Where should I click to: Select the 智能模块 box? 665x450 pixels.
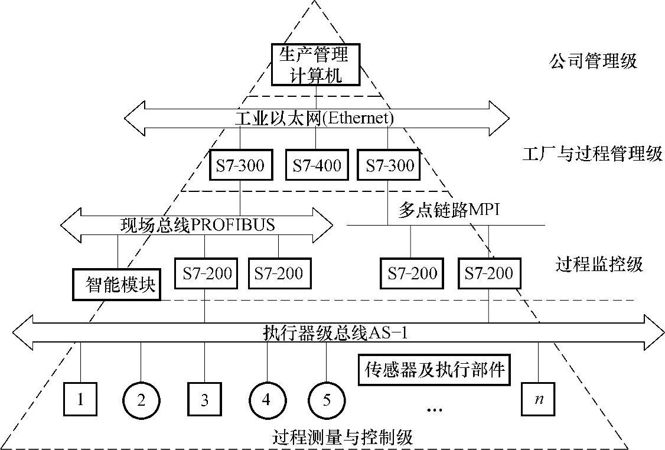click(x=117, y=285)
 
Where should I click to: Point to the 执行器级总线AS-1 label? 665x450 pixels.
click(x=335, y=334)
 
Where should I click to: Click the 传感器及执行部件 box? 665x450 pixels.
click(x=433, y=370)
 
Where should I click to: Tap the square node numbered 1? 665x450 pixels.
click(x=80, y=399)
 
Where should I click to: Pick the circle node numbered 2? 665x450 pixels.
click(x=141, y=400)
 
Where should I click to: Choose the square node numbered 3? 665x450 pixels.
click(x=204, y=400)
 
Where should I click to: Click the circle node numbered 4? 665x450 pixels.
click(x=266, y=400)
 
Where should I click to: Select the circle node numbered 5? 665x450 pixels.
click(x=327, y=400)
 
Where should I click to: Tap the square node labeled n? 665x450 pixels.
click(x=539, y=399)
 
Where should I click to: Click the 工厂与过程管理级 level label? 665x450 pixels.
click(x=592, y=155)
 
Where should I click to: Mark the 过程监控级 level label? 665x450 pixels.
click(x=599, y=264)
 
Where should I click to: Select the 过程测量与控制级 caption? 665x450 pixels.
click(x=343, y=438)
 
